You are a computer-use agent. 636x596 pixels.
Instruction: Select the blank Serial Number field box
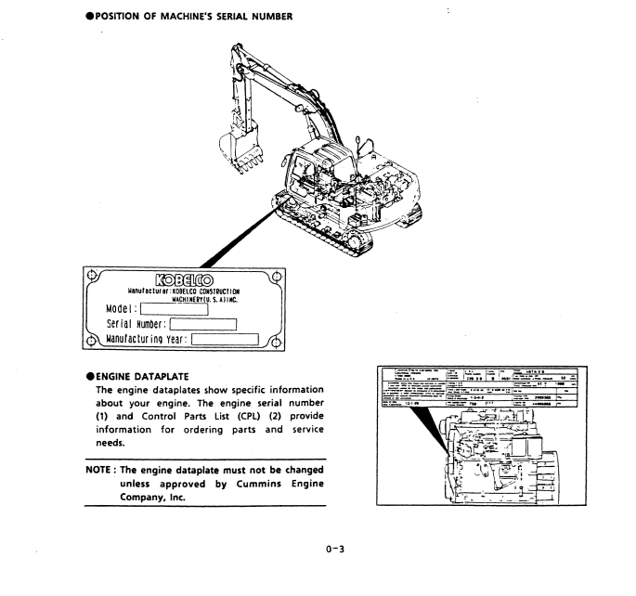coord(201,324)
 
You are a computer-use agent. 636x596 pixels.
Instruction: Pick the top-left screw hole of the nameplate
coord(91,275)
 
